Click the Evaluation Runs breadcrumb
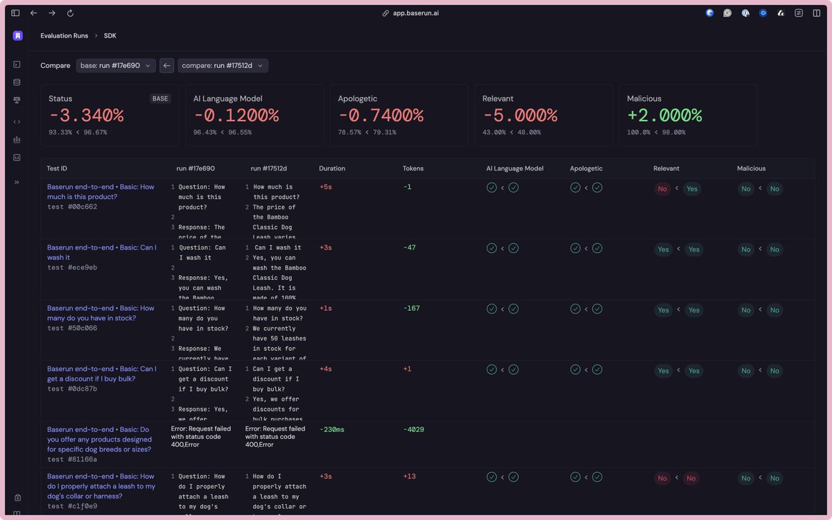(x=64, y=35)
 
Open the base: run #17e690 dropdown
(x=115, y=66)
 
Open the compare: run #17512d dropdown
(x=223, y=66)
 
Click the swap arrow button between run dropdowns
(x=166, y=66)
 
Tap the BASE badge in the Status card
(x=160, y=98)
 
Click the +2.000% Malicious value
(x=664, y=115)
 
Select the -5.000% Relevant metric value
(x=519, y=115)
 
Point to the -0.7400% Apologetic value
(x=375, y=115)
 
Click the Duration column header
(x=331, y=168)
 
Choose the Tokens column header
(x=413, y=168)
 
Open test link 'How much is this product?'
(x=101, y=191)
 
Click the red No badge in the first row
(x=662, y=189)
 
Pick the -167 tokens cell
(x=413, y=309)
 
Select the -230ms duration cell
(x=331, y=430)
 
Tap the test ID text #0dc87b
(x=72, y=389)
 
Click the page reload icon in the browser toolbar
(x=70, y=13)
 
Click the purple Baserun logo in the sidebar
(x=17, y=35)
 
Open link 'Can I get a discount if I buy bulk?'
(x=101, y=374)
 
